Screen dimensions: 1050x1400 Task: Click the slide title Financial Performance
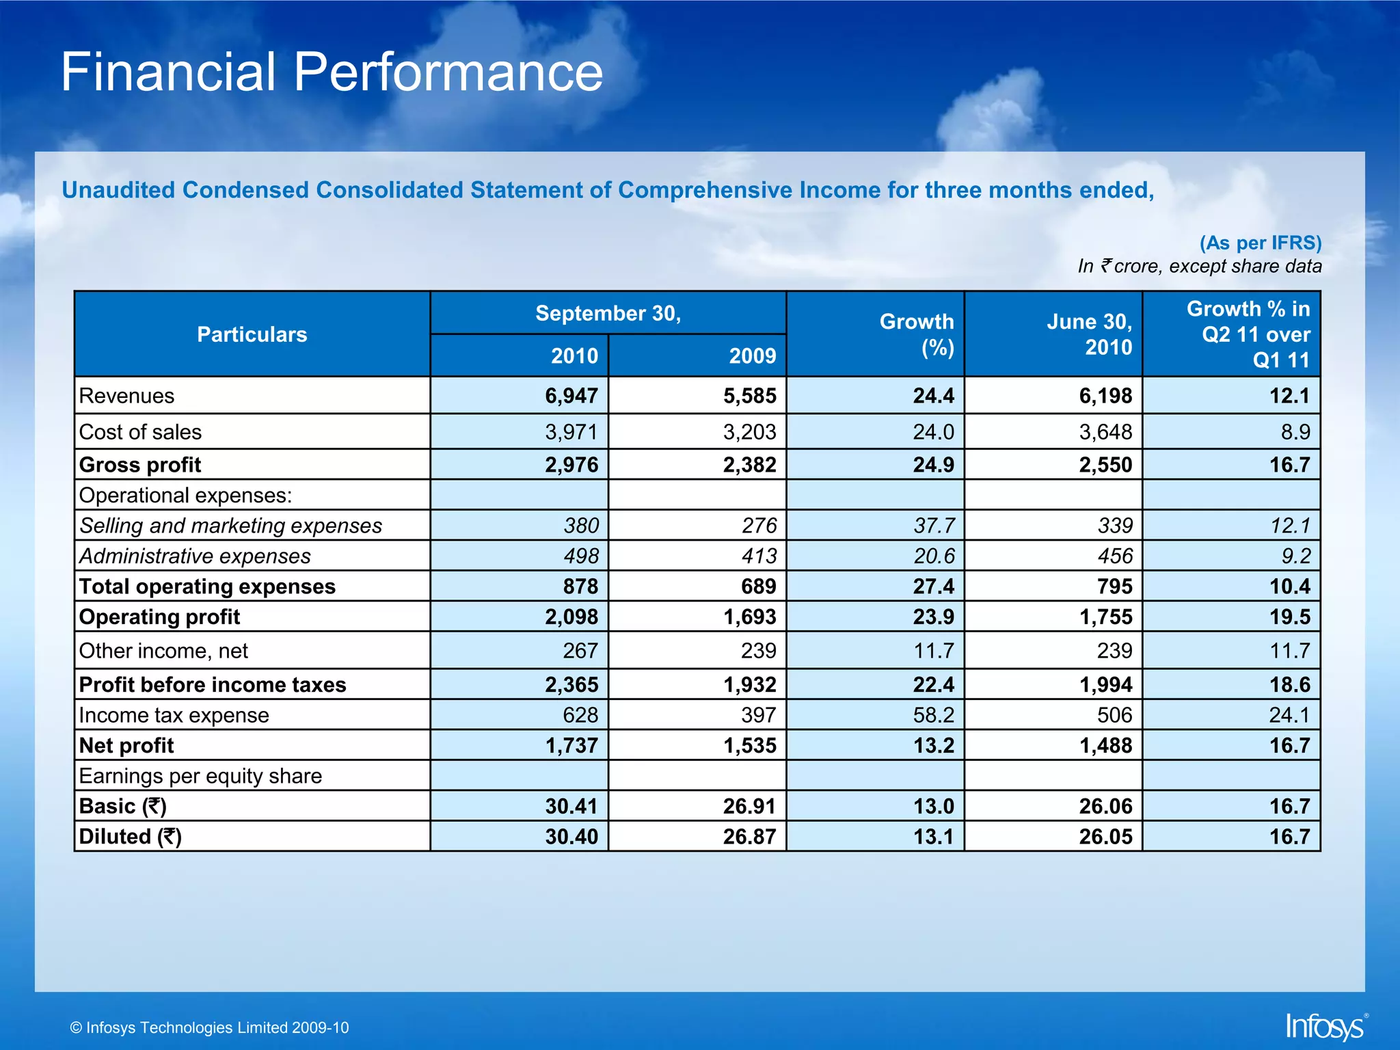(x=332, y=72)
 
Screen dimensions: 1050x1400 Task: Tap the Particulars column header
(x=252, y=334)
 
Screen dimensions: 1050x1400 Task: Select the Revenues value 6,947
(x=571, y=396)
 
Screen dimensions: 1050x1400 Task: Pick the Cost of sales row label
(x=141, y=432)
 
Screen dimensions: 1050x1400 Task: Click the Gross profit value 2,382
(x=750, y=465)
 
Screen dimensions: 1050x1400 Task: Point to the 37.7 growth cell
(x=934, y=526)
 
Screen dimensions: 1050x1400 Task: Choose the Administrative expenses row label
(x=195, y=556)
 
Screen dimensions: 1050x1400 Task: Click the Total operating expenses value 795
(x=1114, y=587)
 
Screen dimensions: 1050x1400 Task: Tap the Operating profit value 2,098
(x=571, y=617)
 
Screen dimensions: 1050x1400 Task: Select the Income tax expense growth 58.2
(x=934, y=715)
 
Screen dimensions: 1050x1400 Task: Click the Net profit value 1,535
(x=750, y=746)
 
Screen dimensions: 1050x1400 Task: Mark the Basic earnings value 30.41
(x=571, y=807)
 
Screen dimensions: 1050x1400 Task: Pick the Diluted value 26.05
(x=1105, y=837)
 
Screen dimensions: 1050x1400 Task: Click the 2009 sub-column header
(x=752, y=355)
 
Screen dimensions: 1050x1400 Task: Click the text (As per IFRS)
(x=1261, y=243)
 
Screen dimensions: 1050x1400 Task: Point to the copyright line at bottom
(x=210, y=1027)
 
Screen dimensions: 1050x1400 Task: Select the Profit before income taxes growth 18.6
(x=1289, y=685)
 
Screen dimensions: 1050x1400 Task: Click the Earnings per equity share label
(x=200, y=776)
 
